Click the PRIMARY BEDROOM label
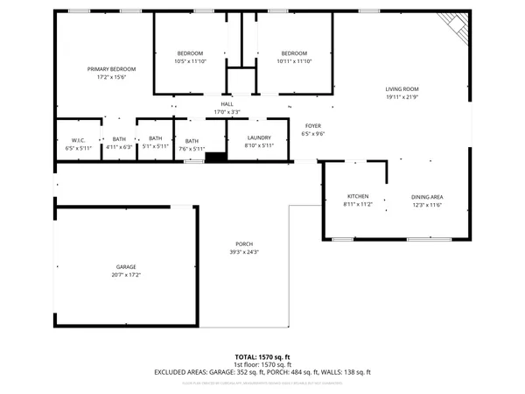click(111, 68)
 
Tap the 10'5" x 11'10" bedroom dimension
click(190, 61)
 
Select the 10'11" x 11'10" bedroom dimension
click(294, 61)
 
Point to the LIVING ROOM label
click(402, 88)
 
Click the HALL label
click(227, 104)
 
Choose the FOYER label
click(312, 126)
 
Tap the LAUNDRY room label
click(259, 137)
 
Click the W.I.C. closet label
click(78, 140)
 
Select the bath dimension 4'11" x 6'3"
click(118, 147)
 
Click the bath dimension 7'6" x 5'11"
click(192, 148)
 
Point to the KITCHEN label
click(358, 196)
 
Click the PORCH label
click(244, 243)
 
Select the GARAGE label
click(126, 266)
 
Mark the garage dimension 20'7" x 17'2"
click(126, 275)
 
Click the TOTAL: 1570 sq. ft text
click(262, 357)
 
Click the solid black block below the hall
click(215, 157)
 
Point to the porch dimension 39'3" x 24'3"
click(244, 252)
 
